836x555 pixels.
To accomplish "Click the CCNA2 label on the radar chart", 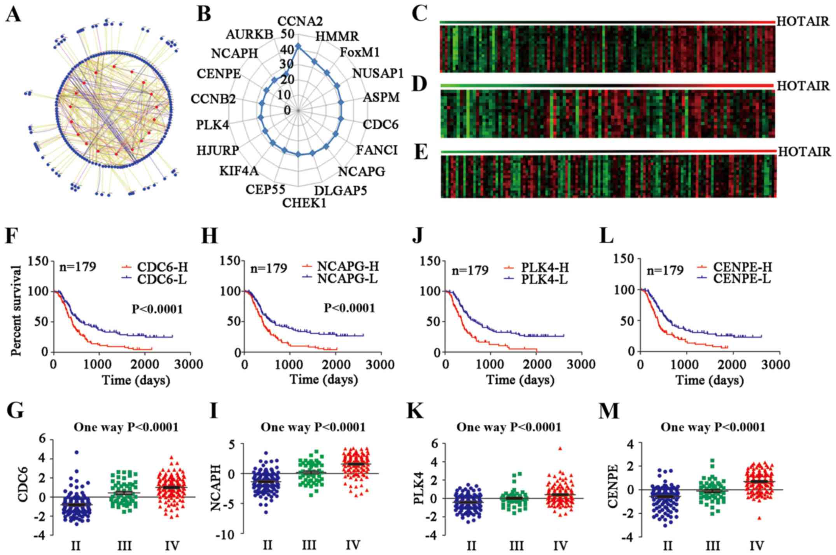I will point(300,21).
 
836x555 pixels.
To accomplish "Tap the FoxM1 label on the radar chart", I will point(360,52).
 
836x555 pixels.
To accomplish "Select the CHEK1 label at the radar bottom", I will point(304,203).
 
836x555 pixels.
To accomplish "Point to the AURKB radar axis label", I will point(249,34).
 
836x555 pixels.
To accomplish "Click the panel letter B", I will point(204,15).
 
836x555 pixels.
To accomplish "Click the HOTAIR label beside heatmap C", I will point(803,21).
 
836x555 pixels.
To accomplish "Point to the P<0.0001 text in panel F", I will point(157,309).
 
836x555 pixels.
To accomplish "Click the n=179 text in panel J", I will point(470,270).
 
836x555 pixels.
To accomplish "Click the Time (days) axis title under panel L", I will point(710,379).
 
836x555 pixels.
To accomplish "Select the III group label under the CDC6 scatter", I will point(124,546).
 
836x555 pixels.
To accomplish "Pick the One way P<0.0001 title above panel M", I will point(713,427).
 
